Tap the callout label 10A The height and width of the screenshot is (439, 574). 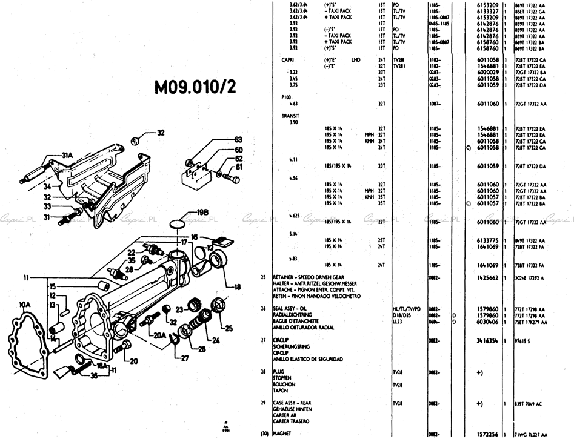pos(24,303)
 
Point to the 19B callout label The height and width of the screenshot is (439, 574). pos(202,212)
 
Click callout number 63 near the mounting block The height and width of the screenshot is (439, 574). pos(238,140)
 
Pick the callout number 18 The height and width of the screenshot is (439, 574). pos(237,288)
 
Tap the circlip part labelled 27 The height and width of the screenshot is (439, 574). pos(173,340)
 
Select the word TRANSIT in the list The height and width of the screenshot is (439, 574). pos(290,115)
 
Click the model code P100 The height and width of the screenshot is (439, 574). pos(286,97)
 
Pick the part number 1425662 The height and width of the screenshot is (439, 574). pos(487,277)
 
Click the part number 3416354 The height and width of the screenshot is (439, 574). pos(487,341)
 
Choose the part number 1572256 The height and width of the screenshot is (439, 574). pos(487,434)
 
